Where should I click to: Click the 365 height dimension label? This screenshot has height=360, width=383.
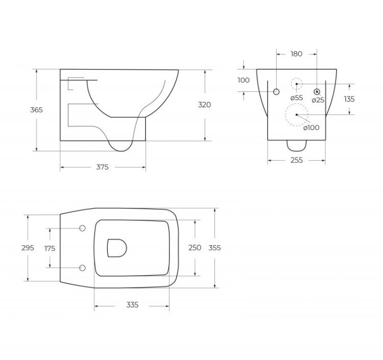click(x=36, y=110)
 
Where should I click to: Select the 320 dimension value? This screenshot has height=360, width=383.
click(x=204, y=105)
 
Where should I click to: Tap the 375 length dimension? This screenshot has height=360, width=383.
click(x=102, y=167)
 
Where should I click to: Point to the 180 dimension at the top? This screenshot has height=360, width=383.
click(x=296, y=54)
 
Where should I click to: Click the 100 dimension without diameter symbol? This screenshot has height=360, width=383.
click(x=244, y=80)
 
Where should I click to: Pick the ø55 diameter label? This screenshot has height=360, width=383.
click(x=296, y=98)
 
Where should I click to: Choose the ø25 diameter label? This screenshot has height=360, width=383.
click(x=318, y=100)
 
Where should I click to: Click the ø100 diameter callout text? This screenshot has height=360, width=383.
click(x=311, y=128)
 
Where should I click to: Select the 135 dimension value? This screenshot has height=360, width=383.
click(x=349, y=99)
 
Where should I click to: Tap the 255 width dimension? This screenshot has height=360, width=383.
click(x=296, y=160)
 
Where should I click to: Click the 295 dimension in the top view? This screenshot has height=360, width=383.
click(x=28, y=248)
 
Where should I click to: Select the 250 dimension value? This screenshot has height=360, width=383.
click(x=195, y=248)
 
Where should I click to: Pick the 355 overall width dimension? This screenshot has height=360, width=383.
click(x=214, y=248)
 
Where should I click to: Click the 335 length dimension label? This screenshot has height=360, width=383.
click(x=132, y=305)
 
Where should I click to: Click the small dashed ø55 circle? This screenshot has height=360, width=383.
click(x=297, y=84)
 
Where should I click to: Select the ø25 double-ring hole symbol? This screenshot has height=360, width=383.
click(x=317, y=91)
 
